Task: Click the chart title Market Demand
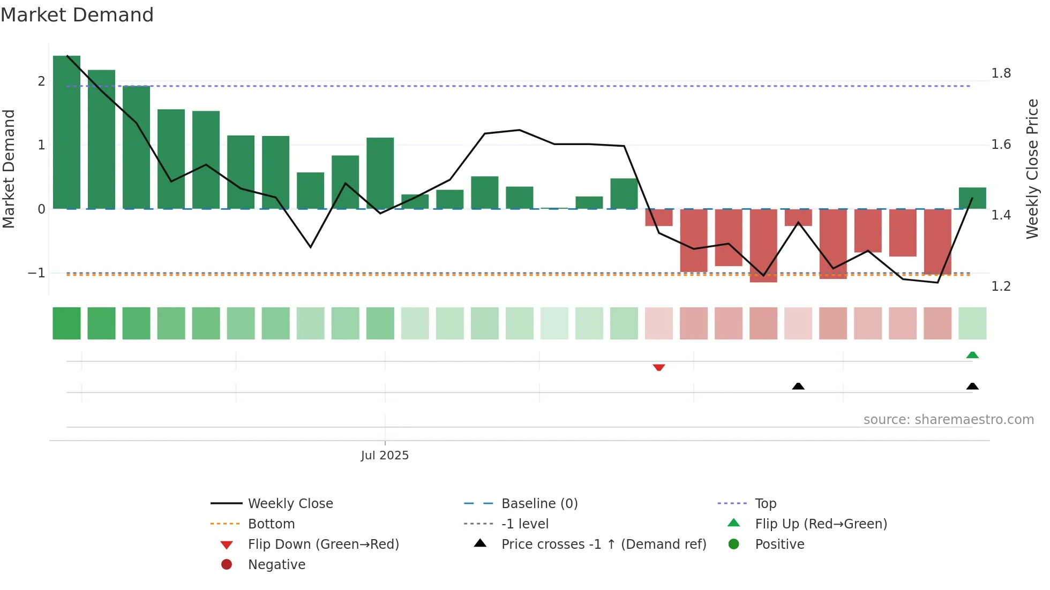click(x=77, y=15)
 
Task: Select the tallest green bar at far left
click(x=66, y=134)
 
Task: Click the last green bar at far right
click(x=972, y=198)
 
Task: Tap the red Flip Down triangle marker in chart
click(x=659, y=367)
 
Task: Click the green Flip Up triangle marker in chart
click(x=972, y=355)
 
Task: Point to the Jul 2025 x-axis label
click(x=385, y=456)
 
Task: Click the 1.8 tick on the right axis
click(x=1001, y=73)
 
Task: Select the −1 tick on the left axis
click(x=36, y=273)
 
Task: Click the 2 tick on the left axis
click(x=41, y=81)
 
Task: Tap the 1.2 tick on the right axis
click(x=1001, y=286)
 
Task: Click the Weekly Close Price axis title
click(x=1032, y=169)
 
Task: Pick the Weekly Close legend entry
click(x=290, y=504)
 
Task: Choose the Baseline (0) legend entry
click(x=539, y=504)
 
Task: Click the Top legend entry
click(x=766, y=504)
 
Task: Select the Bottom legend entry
click(x=271, y=524)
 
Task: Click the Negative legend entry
click(x=276, y=565)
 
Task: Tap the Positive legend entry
click(x=779, y=544)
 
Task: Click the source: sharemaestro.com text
click(x=948, y=420)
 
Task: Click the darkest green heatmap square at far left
click(x=66, y=323)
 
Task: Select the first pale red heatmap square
click(x=659, y=323)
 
